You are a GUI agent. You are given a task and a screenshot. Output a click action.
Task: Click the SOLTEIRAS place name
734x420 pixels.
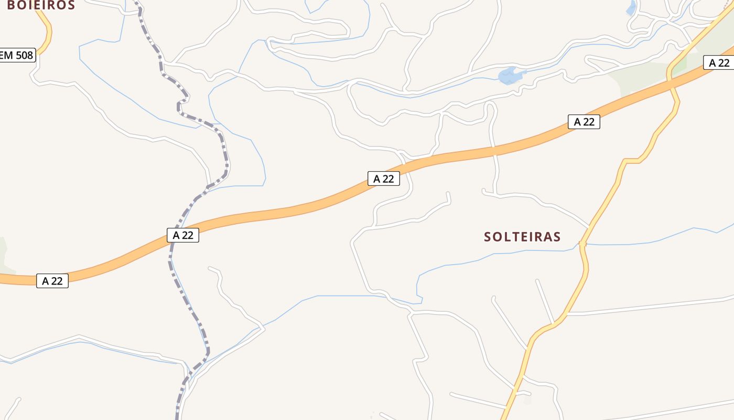click(x=522, y=237)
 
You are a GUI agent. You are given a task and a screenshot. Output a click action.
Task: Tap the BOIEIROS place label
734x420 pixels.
click(x=41, y=5)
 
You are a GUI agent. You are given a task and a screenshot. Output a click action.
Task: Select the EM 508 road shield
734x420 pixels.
click(x=17, y=55)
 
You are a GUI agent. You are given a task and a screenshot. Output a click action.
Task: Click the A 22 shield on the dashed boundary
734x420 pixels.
click(x=183, y=235)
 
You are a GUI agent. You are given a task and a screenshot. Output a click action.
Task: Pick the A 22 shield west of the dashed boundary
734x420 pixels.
click(x=52, y=281)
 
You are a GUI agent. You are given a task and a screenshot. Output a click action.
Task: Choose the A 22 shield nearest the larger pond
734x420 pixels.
click(x=584, y=122)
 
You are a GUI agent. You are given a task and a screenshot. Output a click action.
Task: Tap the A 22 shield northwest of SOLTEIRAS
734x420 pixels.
click(x=384, y=178)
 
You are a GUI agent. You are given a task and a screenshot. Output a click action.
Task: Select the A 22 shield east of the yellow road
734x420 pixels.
click(x=719, y=63)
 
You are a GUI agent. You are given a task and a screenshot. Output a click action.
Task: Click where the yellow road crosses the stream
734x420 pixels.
click(x=582, y=244)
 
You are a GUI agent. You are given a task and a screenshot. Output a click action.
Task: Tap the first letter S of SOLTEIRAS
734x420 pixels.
click(x=488, y=237)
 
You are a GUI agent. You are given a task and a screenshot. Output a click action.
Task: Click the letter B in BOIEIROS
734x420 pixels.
click(x=11, y=5)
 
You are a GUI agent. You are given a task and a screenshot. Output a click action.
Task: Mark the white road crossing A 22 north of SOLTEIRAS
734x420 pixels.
click(x=493, y=151)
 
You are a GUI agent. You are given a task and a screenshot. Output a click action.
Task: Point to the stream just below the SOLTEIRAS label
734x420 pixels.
click(x=524, y=252)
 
